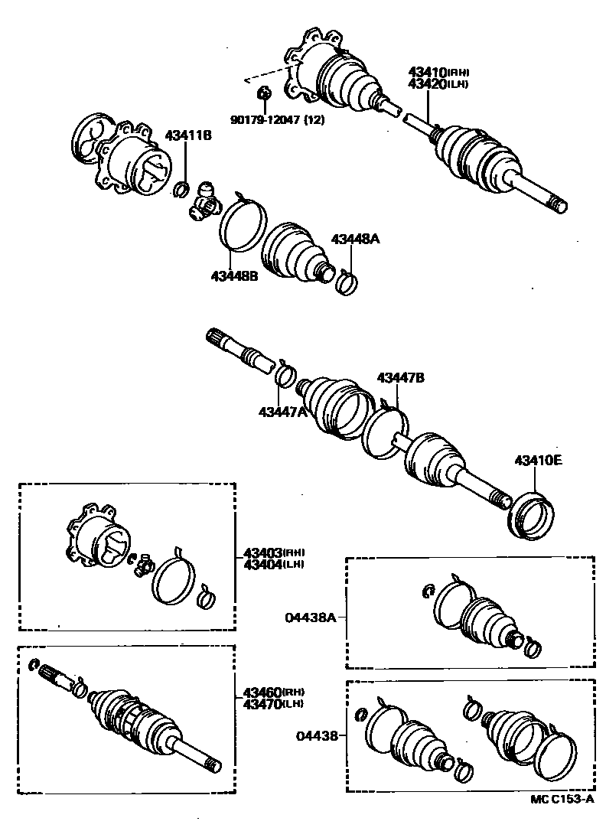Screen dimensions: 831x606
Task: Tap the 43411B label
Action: [188, 135]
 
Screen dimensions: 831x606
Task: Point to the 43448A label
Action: [355, 239]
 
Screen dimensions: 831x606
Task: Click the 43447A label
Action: [282, 412]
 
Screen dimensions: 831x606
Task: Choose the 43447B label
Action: [399, 377]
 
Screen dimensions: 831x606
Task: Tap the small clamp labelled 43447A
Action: [285, 375]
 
